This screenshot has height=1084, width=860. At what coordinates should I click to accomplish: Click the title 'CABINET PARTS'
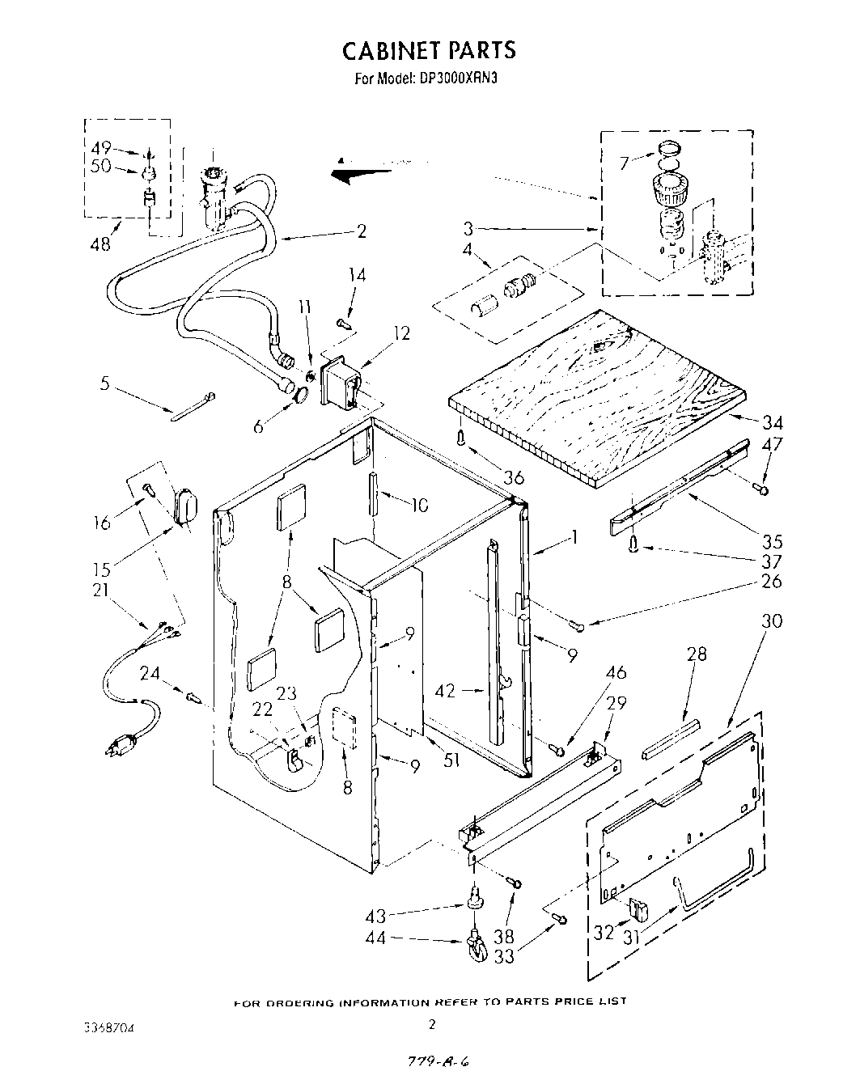[x=429, y=50]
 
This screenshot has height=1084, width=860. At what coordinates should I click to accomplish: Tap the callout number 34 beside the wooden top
[x=772, y=421]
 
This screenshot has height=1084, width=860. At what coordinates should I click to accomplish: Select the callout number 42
[x=445, y=691]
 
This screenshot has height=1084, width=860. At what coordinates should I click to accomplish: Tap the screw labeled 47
[x=760, y=488]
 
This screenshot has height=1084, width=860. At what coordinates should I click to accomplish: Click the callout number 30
[x=772, y=621]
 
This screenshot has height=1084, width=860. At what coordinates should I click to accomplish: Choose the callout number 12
[x=400, y=333]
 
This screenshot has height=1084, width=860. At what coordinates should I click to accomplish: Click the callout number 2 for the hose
[x=361, y=232]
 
